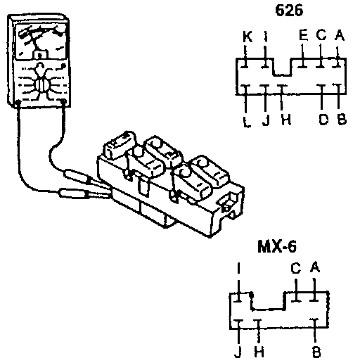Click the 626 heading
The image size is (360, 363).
click(289, 11)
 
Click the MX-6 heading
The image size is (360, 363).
click(277, 247)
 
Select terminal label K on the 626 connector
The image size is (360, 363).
click(247, 37)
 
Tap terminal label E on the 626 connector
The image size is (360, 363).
click(304, 35)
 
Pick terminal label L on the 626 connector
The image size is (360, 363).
click(247, 122)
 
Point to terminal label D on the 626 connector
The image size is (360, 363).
click(323, 120)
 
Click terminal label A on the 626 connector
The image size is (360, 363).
click(340, 36)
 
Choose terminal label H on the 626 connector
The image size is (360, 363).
click(286, 120)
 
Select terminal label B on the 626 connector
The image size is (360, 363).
click(342, 120)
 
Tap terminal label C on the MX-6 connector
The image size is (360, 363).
click(296, 268)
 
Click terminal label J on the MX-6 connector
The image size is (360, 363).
click(238, 352)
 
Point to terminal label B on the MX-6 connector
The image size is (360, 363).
click(316, 352)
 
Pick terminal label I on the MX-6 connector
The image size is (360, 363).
click(238, 268)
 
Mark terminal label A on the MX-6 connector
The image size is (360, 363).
click(315, 267)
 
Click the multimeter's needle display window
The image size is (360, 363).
click(41, 41)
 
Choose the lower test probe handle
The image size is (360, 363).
click(73, 193)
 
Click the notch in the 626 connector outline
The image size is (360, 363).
click(282, 67)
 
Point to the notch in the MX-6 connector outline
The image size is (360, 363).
click(268, 301)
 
